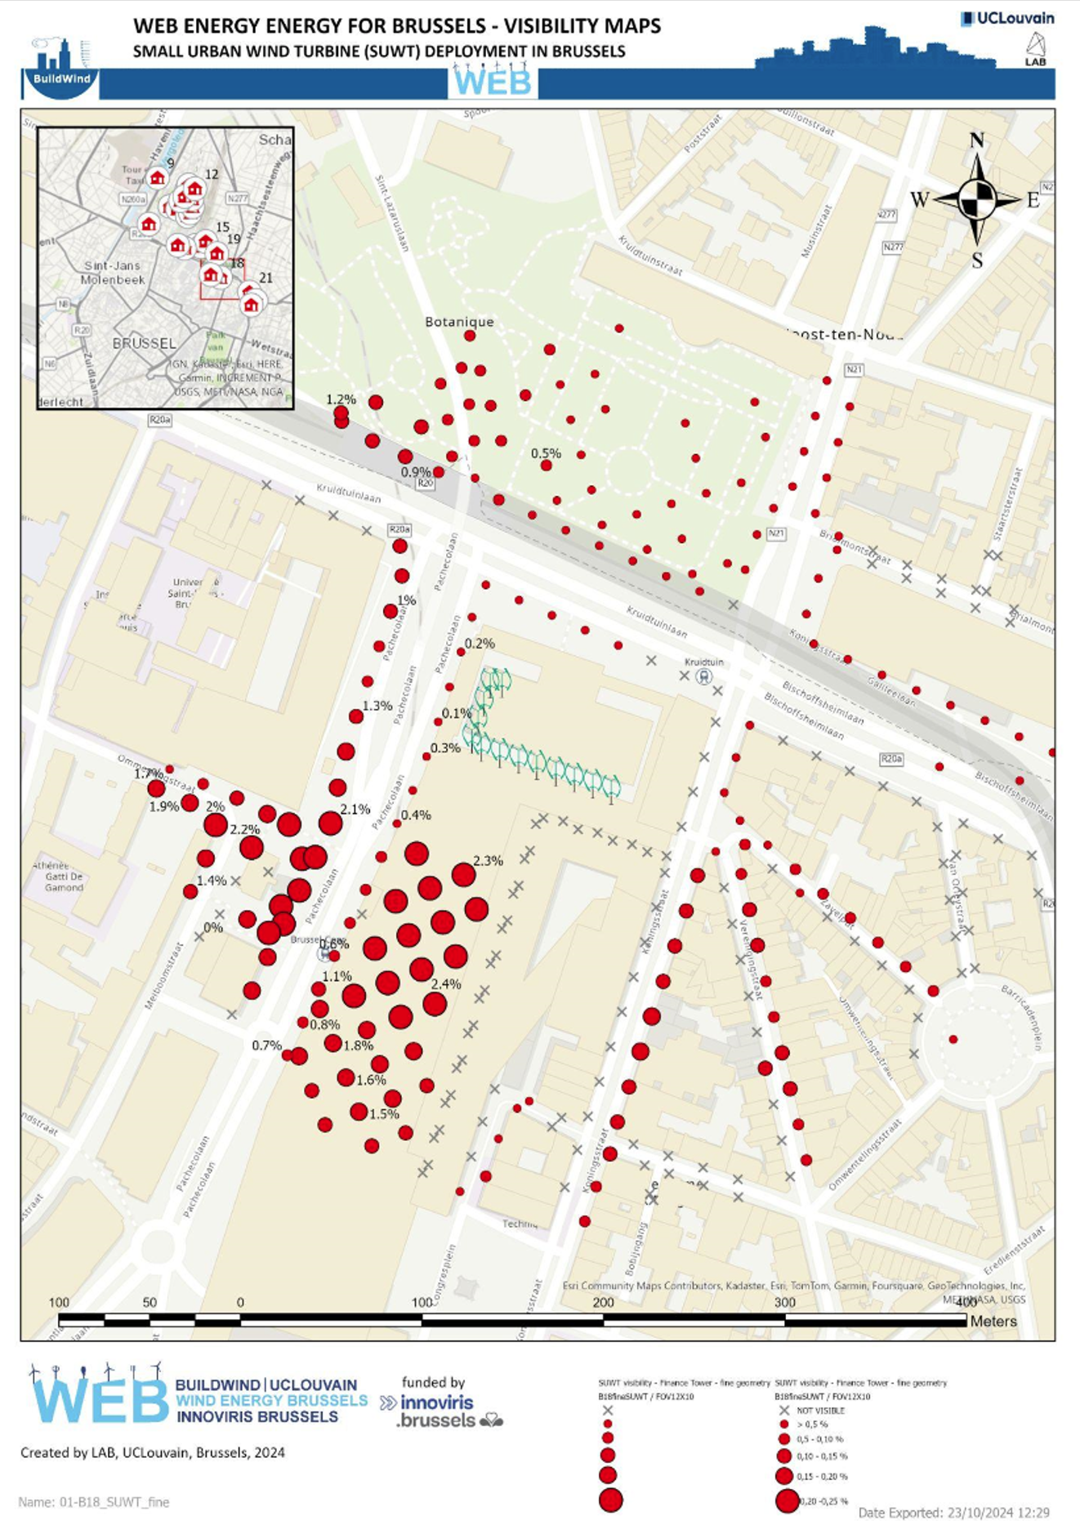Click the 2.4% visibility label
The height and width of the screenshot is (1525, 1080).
446,984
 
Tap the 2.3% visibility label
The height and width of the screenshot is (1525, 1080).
488,860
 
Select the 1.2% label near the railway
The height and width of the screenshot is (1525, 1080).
341,399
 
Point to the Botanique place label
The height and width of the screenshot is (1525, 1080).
459,322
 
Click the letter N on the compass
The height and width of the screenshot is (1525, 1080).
976,140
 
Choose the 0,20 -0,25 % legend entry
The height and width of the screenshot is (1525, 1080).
823,1500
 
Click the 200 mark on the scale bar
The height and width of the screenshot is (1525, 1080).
603,1302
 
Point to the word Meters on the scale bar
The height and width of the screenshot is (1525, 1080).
993,1321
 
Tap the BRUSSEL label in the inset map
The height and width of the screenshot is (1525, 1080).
144,343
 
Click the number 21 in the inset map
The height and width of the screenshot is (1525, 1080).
265,278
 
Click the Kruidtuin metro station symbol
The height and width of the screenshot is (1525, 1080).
703,676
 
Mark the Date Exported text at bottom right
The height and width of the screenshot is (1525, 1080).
953,1513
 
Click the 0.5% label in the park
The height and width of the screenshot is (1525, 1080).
546,453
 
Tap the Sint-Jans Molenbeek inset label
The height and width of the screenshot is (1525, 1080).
113,272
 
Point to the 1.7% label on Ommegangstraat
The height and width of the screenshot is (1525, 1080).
148,774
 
